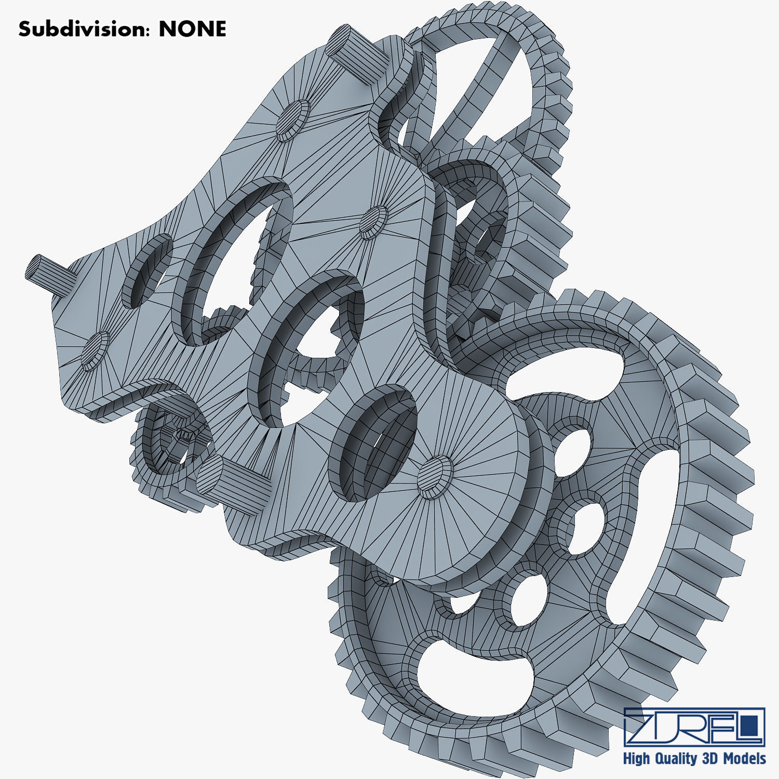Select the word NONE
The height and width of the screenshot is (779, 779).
pos(192,29)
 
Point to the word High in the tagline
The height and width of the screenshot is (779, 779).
pos(636,759)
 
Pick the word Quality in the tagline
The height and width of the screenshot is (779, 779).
pos(674,759)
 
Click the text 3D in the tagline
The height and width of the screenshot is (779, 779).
pos(709,759)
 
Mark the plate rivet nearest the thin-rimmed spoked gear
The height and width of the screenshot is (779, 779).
pos(293,120)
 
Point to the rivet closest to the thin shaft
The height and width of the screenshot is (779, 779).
pos(95,351)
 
